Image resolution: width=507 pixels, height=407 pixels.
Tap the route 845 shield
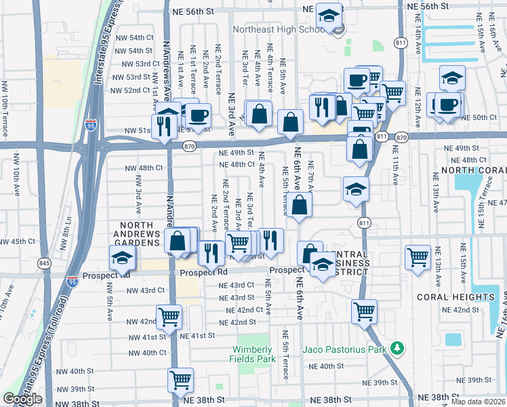click(x=44, y=263)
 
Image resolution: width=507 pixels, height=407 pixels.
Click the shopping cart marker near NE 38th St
click(x=180, y=379)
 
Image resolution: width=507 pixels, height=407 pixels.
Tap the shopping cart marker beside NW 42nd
click(x=169, y=316)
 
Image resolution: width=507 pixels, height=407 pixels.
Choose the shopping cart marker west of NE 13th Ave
click(x=418, y=257)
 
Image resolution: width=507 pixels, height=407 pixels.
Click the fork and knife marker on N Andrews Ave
click(x=163, y=125)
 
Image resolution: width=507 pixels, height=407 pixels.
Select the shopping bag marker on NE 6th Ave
click(x=299, y=205)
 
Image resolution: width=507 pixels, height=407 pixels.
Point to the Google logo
click(x=22, y=399)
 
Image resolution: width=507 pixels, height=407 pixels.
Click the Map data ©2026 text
click(x=479, y=402)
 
